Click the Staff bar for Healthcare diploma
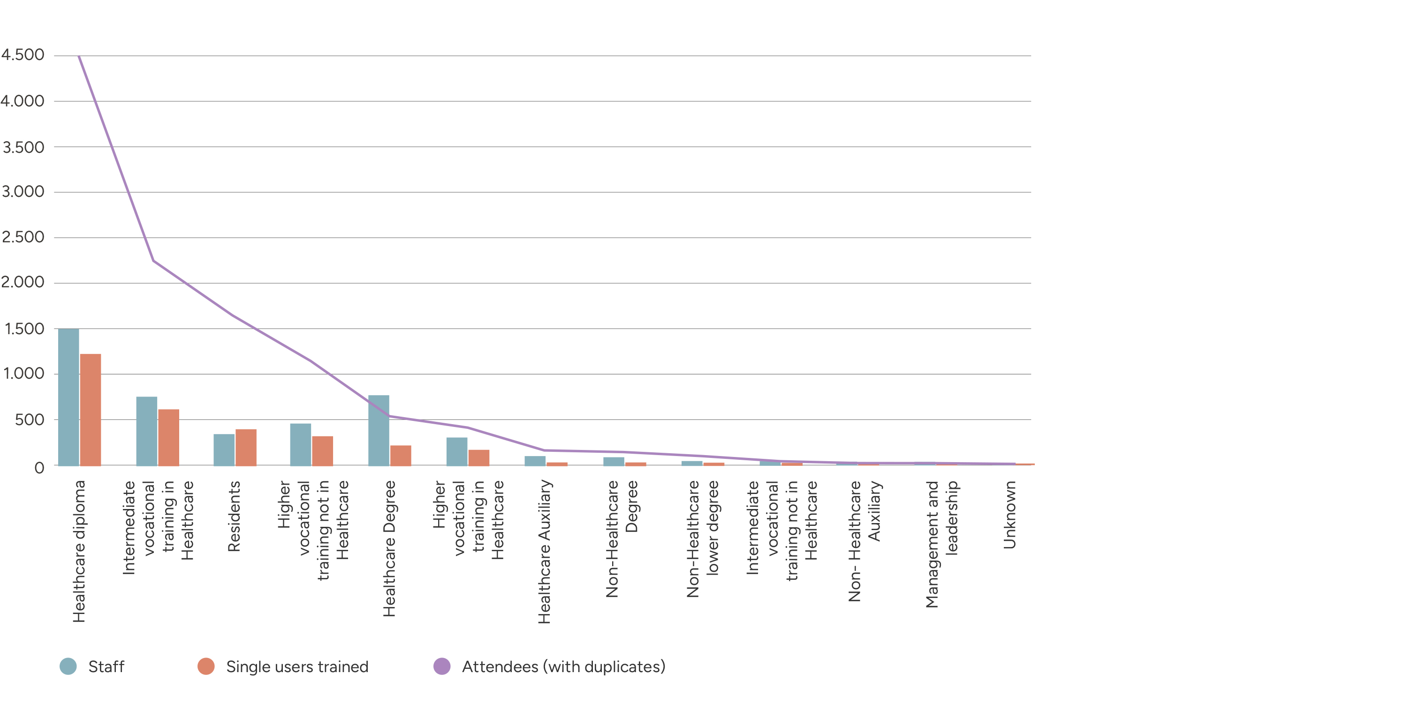68,397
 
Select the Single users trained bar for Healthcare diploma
91,410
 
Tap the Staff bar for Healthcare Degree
379,430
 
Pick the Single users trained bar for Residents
246,448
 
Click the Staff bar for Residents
224,450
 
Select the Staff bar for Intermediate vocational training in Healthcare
147,431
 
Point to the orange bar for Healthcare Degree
401,456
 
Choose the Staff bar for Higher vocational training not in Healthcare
301,444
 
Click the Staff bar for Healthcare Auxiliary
535,461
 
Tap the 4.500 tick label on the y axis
23,55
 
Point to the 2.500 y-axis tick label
23,237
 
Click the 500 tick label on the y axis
30,420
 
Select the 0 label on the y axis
39,468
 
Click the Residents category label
234,516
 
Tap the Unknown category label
1009,515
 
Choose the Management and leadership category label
942,544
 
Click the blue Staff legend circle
68,666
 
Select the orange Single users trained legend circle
206,666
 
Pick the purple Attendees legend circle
442,666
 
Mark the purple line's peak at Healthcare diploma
79,56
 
